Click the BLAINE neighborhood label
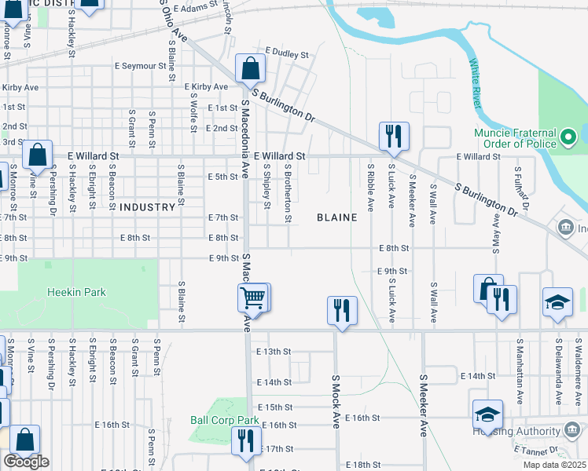(336, 217)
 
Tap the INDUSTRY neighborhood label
(147, 207)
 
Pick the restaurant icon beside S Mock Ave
(342, 310)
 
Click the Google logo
(26, 462)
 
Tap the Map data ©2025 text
(555, 465)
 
